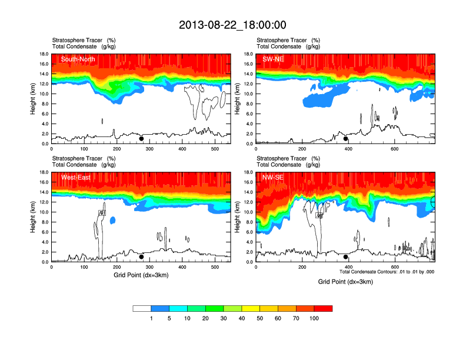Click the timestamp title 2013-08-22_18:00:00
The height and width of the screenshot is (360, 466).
coord(232,25)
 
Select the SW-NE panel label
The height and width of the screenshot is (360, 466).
coord(273,59)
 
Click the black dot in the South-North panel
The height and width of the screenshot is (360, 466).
coord(141,139)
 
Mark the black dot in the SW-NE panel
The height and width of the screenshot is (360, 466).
coord(346,139)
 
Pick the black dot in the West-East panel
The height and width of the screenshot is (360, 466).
coord(141,257)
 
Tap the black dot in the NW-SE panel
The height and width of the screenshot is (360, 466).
coord(346,257)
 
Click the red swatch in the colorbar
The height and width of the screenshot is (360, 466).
coord(323,308)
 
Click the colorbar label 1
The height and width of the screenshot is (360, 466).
coord(151,318)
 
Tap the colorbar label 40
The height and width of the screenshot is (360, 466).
coord(242,318)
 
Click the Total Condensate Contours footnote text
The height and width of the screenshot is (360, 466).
coord(387,271)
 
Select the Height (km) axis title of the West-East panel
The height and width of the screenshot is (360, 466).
coord(34,217)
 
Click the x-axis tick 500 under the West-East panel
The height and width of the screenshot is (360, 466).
coord(215,268)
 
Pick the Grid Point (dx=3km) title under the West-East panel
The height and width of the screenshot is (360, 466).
coord(141,275)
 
